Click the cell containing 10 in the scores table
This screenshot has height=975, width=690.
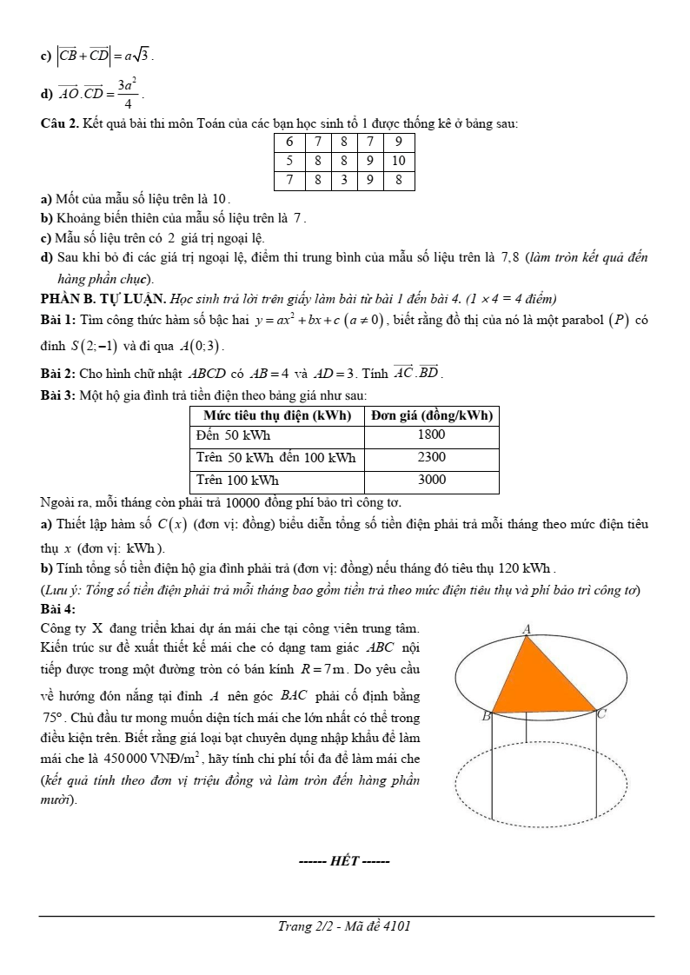click(x=398, y=161)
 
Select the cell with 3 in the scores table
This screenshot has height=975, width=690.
click(x=345, y=181)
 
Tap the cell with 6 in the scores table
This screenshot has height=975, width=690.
click(x=288, y=141)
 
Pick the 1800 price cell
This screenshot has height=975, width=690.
click(x=431, y=434)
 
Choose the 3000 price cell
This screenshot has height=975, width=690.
click(x=431, y=480)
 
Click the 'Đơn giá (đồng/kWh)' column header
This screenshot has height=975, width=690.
click(x=431, y=415)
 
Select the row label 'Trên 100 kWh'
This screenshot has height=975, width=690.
click(x=237, y=480)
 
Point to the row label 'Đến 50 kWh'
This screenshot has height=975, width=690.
click(x=232, y=434)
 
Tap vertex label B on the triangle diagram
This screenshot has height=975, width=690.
click(x=486, y=716)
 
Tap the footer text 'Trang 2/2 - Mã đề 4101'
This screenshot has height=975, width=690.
click(x=344, y=926)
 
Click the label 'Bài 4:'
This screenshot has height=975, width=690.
click(x=58, y=609)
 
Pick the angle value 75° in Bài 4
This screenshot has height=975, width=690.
click(x=53, y=718)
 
